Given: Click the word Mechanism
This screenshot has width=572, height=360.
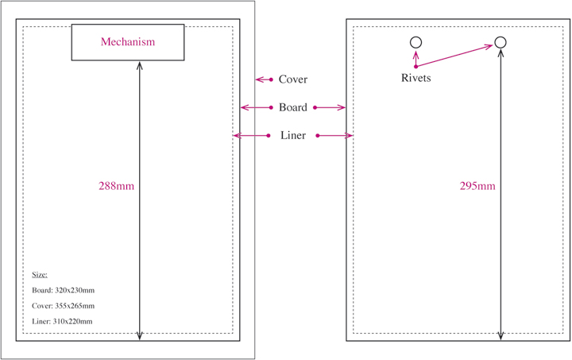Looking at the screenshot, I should [128, 41].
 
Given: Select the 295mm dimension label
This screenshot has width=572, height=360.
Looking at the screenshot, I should [477, 186].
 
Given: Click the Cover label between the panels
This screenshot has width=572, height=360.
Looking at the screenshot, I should [292, 79].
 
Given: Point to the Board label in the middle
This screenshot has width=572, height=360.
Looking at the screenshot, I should [292, 107].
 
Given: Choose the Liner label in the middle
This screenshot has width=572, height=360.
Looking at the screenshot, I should [292, 136].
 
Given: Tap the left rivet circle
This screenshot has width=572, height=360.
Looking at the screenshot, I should [415, 43].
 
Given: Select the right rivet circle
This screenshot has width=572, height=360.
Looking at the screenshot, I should [500, 43].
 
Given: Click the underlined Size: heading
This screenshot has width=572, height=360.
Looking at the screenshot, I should [40, 274].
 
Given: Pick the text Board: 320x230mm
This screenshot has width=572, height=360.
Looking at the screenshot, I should [64, 290].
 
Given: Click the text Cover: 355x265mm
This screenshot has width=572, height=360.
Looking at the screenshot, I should [64, 306].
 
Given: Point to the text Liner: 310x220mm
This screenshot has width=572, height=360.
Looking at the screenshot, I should [63, 321].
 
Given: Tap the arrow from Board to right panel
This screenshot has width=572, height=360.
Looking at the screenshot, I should [330, 107].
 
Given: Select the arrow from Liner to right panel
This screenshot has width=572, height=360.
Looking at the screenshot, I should [334, 136].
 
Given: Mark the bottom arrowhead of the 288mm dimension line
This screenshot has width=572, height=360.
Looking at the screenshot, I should [140, 337].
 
